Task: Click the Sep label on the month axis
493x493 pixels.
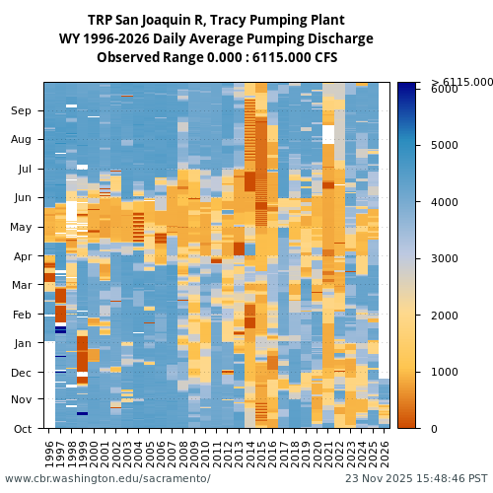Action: pyautogui.click(x=22, y=111)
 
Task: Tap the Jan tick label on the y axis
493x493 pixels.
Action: pyautogui.click(x=22, y=343)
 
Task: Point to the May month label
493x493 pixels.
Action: pyautogui.click(x=21, y=227)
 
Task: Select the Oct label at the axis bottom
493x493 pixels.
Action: pyautogui.click(x=22, y=429)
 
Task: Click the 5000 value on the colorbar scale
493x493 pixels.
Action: pyautogui.click(x=445, y=145)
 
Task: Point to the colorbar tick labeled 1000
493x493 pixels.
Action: pyautogui.click(x=445, y=372)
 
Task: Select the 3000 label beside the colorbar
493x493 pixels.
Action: pyautogui.click(x=445, y=258)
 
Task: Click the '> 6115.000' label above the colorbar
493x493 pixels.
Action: pyautogui.click(x=461, y=82)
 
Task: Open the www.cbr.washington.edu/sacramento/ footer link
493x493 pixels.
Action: pyautogui.click(x=107, y=478)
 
